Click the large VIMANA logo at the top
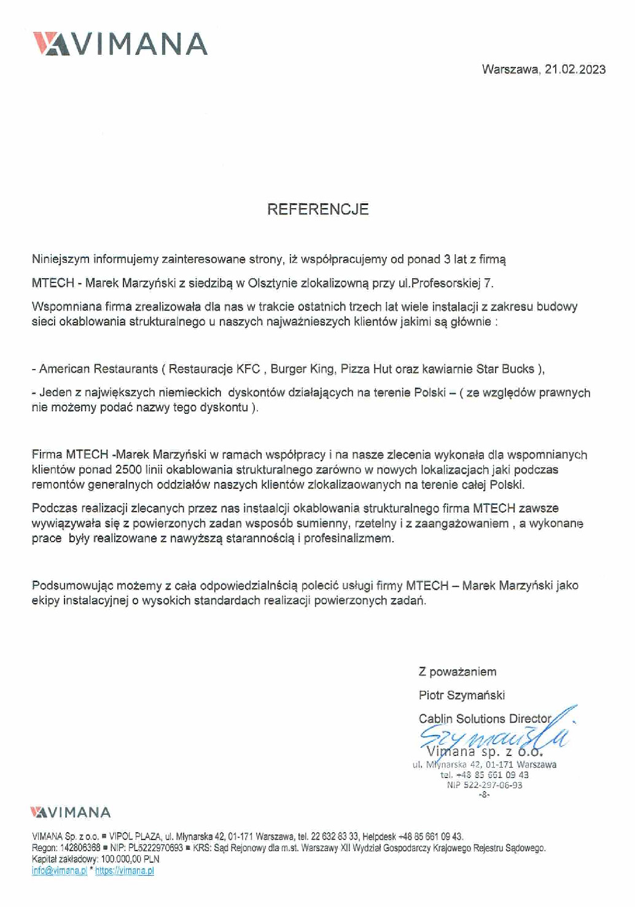coord(120,44)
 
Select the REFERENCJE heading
coord(317,209)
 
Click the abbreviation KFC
coord(249,369)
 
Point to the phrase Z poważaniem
coord(458,672)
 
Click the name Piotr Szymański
coord(462,695)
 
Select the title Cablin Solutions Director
coord(485,718)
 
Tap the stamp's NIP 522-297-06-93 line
coord(485,785)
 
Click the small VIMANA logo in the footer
coord(71,812)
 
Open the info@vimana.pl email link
coord(60,871)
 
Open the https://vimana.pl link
coord(125,871)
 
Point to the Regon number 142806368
coord(80,848)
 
